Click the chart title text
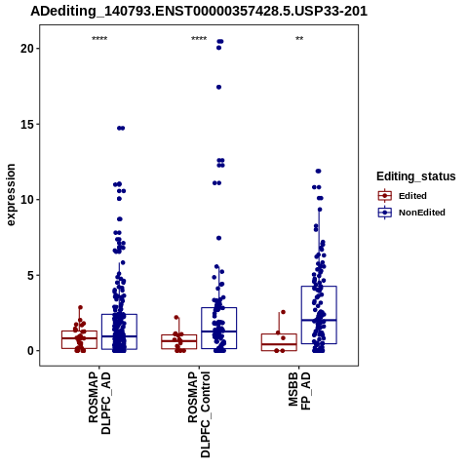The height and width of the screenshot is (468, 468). [199, 11]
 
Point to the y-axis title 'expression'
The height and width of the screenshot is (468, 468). [11, 195]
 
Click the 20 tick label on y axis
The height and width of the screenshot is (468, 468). [27, 49]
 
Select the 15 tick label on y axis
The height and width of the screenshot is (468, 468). [27, 124]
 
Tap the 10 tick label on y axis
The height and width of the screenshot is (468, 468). [27, 200]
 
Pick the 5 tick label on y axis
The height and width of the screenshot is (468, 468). [30, 275]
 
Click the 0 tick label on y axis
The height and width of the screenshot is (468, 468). [30, 351]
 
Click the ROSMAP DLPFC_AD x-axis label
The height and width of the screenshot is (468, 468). [99, 404]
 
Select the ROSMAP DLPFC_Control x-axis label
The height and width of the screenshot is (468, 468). [199, 414]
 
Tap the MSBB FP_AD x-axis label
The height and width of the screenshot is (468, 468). [299, 391]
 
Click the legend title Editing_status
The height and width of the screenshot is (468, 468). [416, 176]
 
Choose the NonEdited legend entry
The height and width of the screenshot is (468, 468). [411, 213]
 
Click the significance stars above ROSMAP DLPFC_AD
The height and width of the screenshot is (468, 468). [99, 39]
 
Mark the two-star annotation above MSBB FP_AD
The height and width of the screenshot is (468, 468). [299, 39]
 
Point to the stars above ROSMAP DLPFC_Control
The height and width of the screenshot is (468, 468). [199, 39]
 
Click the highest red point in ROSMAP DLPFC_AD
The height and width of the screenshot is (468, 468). [80, 307]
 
